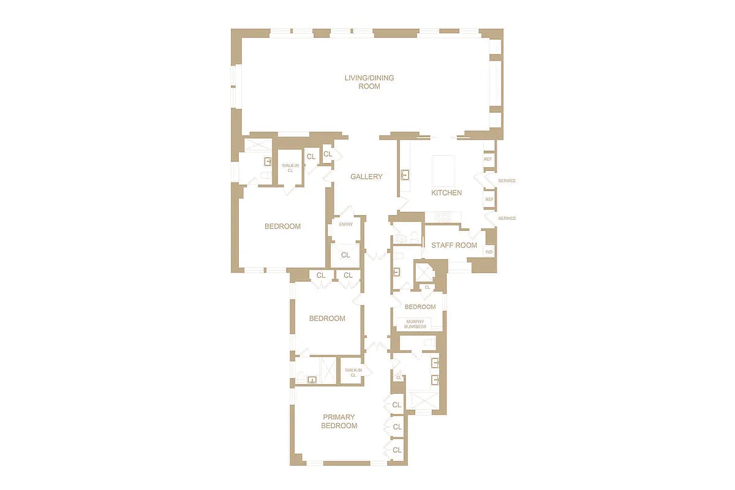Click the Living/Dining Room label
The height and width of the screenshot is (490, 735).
tap(369, 82)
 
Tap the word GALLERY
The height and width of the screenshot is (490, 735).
tap(366, 177)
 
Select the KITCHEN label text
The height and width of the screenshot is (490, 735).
tap(447, 193)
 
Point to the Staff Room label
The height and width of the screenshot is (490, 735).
tap(454, 246)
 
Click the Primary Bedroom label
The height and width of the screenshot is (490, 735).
tap(339, 421)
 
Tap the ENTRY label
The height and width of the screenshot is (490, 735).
tap(345, 224)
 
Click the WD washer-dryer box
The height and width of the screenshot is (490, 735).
tap(489, 252)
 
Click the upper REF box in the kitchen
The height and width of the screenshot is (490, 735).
tap(488, 159)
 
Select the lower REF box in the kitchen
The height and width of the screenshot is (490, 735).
tap(489, 200)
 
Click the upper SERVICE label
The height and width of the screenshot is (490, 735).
tap(507, 181)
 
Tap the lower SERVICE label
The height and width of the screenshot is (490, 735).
tap(507, 219)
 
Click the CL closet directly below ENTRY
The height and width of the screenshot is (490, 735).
tap(345, 255)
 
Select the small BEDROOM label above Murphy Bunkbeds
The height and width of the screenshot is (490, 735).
tap(420, 307)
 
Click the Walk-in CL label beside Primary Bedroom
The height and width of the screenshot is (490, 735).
tap(353, 372)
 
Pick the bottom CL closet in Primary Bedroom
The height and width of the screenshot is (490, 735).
tap(397, 450)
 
